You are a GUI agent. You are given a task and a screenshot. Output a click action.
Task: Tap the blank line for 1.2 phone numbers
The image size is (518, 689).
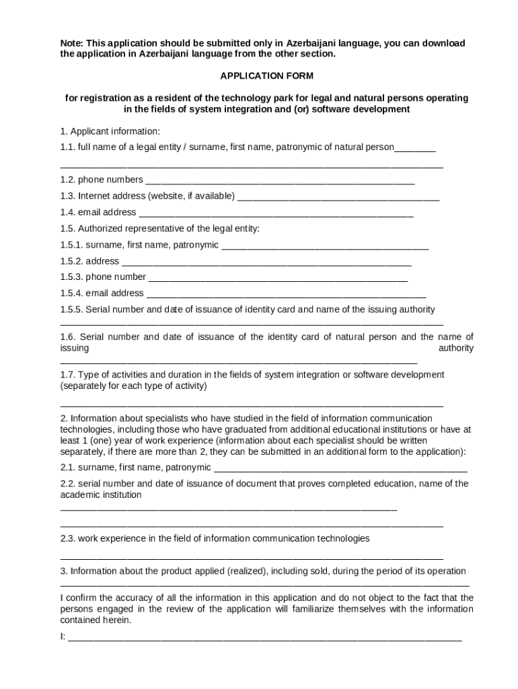click(x=279, y=180)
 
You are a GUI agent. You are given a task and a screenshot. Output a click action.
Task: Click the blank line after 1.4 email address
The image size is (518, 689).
click(x=276, y=213)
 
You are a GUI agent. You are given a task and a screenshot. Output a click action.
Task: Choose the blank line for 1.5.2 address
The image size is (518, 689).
click(x=266, y=262)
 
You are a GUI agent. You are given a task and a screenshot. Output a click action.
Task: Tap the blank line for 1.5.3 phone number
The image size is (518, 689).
click(x=277, y=277)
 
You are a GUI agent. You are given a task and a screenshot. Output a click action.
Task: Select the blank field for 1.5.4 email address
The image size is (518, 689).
click(x=286, y=293)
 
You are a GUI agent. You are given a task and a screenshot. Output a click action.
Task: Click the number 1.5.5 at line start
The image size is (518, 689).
click(x=71, y=310)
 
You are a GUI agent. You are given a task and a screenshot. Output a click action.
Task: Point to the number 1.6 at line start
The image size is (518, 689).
click(x=67, y=336)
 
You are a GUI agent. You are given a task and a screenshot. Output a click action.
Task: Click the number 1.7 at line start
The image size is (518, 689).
click(x=67, y=374)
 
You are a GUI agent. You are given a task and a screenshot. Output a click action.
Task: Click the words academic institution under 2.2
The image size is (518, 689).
click(x=101, y=495)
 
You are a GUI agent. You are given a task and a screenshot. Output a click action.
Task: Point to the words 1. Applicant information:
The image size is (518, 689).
click(x=110, y=131)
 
